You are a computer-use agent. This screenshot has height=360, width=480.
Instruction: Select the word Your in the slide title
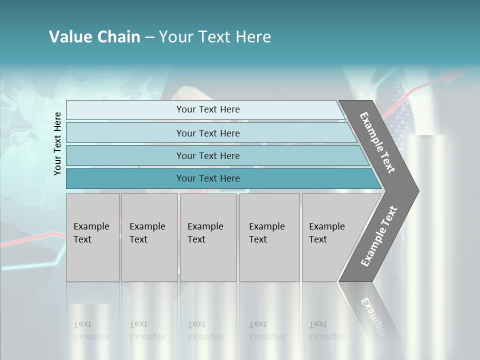coord(175,37)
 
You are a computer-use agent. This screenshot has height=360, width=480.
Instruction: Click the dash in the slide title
coord(149,37)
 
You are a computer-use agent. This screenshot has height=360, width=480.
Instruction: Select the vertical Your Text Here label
coord(57,143)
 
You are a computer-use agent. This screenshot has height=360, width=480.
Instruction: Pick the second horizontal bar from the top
coord(207,133)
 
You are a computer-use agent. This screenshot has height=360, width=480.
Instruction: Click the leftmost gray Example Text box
coord(92,237)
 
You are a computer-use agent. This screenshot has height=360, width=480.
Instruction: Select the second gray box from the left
coord(149,237)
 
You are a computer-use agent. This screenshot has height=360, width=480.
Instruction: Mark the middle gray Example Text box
coord(208,237)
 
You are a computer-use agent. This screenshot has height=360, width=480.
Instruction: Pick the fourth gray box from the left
coord(269,237)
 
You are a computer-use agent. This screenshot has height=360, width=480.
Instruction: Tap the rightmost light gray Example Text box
coord(330,237)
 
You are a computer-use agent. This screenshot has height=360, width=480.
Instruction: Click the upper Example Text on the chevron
coord(377,142)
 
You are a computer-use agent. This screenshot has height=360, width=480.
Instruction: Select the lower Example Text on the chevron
coord(379,236)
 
